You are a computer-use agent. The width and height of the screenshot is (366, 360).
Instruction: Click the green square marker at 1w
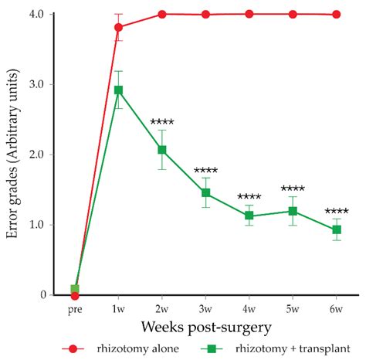pos(118,90)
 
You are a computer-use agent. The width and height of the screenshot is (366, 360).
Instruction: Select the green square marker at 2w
pos(162,150)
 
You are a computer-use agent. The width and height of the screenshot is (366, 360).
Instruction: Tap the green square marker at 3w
pos(206,192)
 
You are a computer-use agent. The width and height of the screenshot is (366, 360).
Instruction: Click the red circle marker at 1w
pos(118,27)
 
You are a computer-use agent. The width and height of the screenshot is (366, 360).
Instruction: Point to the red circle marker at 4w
pos(249,14)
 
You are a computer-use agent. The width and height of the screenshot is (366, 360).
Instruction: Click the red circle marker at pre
pos(75,295)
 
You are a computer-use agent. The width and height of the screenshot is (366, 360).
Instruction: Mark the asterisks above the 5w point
pos(293,188)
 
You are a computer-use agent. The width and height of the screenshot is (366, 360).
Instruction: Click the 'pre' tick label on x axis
pos(75,309)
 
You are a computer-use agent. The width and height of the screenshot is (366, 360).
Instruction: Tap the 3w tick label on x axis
pos(206,309)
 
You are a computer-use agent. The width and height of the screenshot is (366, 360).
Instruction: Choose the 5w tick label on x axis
pos(293,309)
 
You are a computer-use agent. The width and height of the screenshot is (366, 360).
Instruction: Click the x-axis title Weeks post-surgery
pos(205,328)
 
